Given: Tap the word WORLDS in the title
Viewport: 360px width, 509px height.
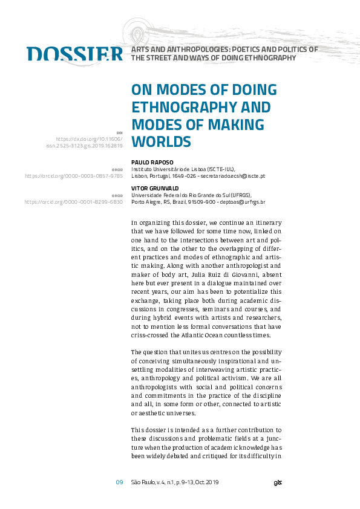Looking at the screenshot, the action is click(x=162, y=141).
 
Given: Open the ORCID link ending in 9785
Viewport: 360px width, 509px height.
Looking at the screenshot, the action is click(x=74, y=176).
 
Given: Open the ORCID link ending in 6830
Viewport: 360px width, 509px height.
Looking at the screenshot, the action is click(x=74, y=202).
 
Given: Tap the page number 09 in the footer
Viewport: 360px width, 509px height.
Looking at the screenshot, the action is click(x=119, y=482).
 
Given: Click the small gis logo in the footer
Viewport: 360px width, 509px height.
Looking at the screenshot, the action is click(x=277, y=482).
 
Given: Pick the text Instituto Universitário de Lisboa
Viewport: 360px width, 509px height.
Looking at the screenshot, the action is click(x=168, y=169).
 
